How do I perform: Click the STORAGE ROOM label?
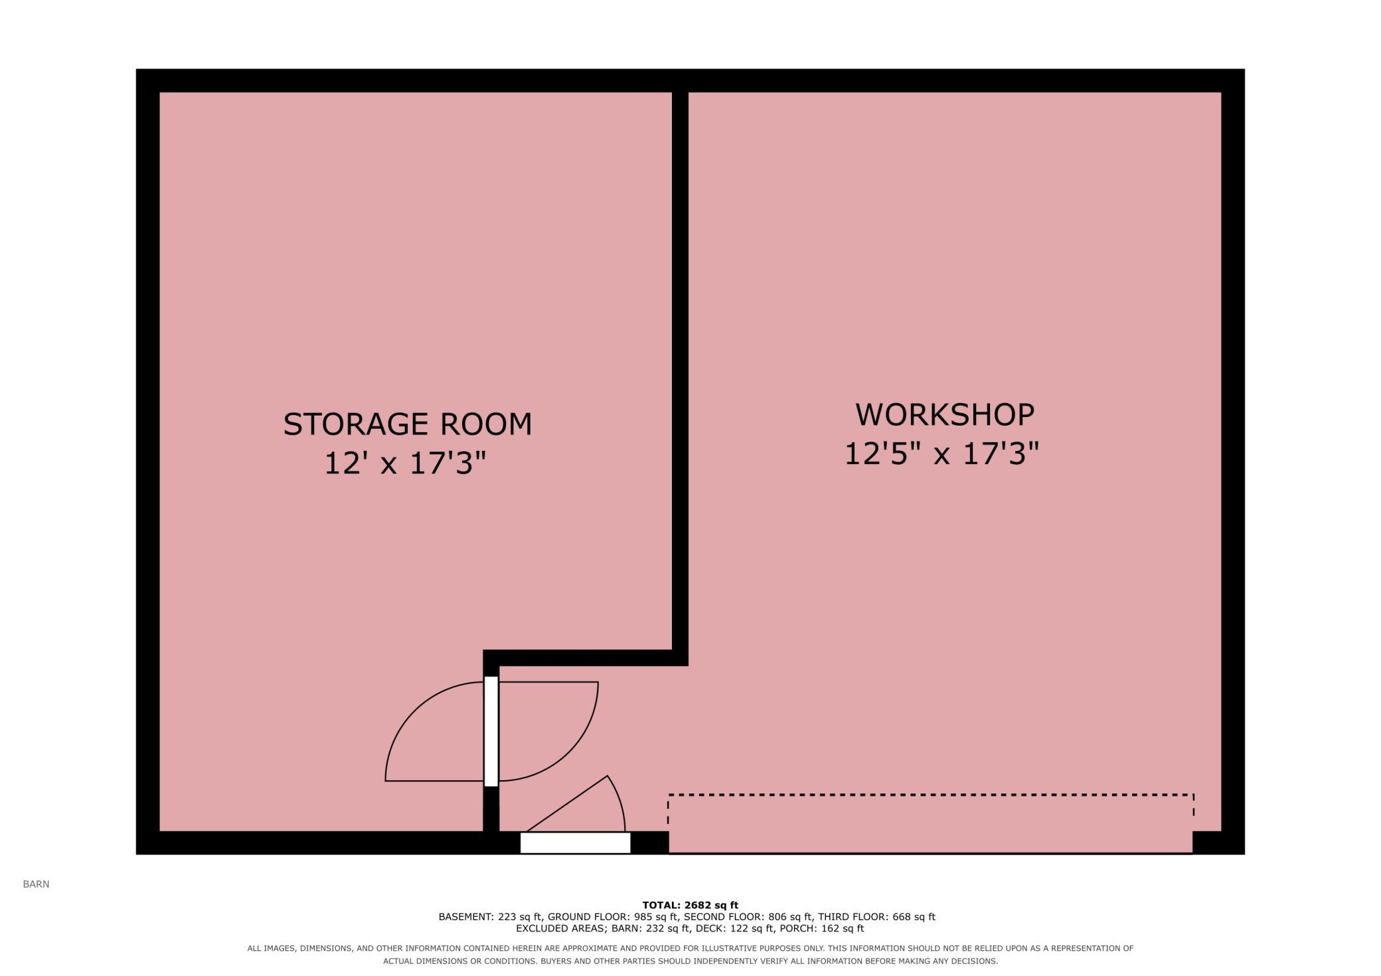(x=408, y=424)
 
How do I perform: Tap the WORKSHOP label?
(x=944, y=414)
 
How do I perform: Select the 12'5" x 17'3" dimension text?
(x=941, y=454)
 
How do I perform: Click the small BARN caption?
(x=36, y=884)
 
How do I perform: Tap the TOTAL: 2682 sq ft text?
(x=690, y=905)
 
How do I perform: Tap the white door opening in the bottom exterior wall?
(x=575, y=843)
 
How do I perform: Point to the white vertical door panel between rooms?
(x=491, y=731)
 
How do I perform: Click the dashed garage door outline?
(x=931, y=795)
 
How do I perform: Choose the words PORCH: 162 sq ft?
(x=822, y=928)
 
